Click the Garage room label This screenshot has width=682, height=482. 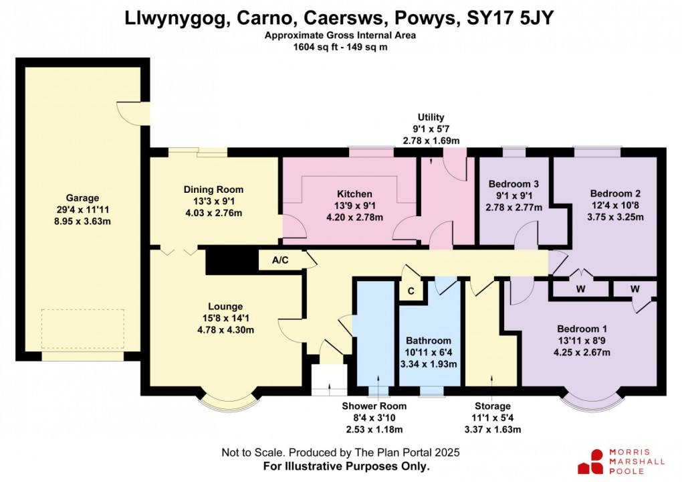[82, 198]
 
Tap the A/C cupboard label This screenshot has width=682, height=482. [280, 261]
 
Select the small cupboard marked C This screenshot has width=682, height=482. [411, 292]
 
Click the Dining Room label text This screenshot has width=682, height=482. [213, 189]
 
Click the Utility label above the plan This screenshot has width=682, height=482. [431, 117]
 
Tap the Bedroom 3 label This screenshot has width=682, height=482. [514, 184]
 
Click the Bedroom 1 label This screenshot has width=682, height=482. [582, 329]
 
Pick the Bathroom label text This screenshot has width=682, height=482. [428, 341]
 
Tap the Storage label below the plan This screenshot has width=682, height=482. [493, 406]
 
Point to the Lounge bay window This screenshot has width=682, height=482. [229, 400]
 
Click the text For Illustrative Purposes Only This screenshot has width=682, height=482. [340, 466]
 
